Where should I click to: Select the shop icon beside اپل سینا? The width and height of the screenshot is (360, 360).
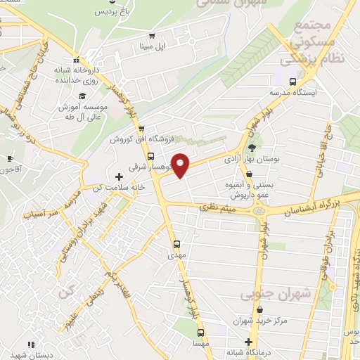click(151, 36)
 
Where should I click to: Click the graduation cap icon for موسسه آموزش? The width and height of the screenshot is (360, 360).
click(82, 96)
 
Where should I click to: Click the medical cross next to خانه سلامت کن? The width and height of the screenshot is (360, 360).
click(118, 174)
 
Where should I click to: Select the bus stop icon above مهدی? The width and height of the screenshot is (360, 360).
click(177, 244)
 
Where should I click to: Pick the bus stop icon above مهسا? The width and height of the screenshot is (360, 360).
click(200, 333)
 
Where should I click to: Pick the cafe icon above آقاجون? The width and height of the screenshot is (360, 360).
click(9, 158)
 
